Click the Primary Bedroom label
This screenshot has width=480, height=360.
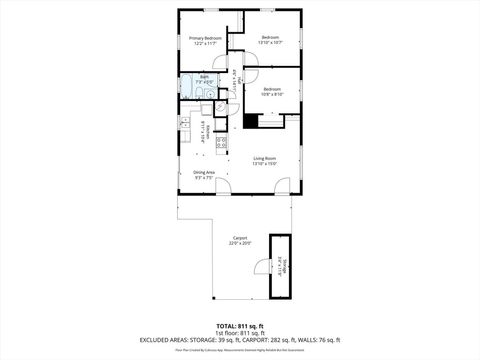[x=204, y=39]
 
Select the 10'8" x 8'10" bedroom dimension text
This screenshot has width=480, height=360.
[x=272, y=94]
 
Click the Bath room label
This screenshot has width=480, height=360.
[x=203, y=77]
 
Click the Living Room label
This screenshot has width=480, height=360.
[x=264, y=159]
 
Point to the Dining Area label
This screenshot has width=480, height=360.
[x=204, y=172]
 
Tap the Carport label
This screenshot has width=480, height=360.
[x=240, y=238]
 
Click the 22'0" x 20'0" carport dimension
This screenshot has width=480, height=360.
[x=240, y=243]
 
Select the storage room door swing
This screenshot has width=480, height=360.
[x=262, y=266]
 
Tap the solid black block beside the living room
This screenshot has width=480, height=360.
[x=251, y=121]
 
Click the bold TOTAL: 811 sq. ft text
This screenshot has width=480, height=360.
[x=240, y=326]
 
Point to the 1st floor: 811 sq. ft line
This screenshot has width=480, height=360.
[x=240, y=333]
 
